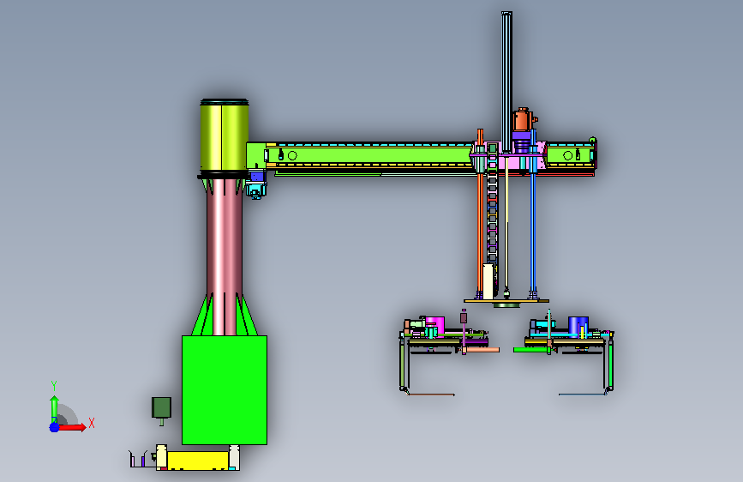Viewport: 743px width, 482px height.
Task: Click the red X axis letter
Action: tap(92, 423)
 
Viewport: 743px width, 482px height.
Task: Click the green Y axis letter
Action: tap(54, 386)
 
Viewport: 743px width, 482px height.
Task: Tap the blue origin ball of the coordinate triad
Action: tap(55, 427)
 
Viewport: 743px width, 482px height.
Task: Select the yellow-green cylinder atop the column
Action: tap(225, 136)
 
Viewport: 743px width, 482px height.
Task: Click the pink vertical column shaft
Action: tap(225, 256)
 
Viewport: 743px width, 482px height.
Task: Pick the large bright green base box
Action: tap(225, 390)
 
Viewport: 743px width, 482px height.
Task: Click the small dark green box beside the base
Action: tap(161, 408)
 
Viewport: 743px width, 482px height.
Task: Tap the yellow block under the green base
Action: tap(198, 461)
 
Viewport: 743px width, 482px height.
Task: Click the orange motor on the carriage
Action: tap(522, 119)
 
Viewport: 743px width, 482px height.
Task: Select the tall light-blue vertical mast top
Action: tap(506, 81)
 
